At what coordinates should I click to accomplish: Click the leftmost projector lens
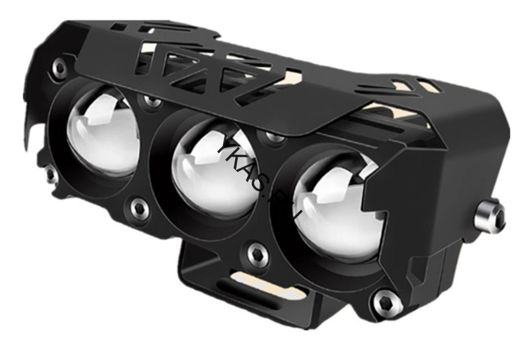click(x=103, y=136)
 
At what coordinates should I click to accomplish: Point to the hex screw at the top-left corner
click(x=58, y=69)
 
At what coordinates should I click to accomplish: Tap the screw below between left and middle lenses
click(x=139, y=208)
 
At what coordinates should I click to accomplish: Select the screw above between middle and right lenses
click(x=274, y=138)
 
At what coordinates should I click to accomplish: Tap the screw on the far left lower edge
click(x=51, y=175)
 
